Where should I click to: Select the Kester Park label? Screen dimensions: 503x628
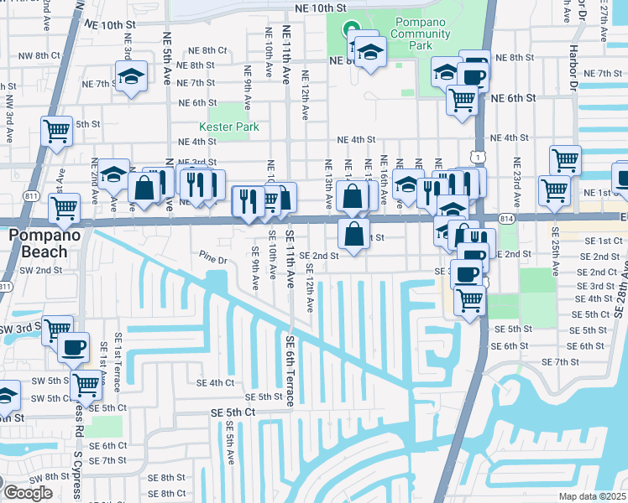tap(228, 127)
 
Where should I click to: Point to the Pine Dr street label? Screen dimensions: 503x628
tap(213, 259)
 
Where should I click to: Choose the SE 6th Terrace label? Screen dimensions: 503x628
tap(290, 371)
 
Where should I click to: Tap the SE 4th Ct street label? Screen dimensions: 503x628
tap(215, 382)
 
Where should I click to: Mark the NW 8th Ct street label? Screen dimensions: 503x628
tap(39, 55)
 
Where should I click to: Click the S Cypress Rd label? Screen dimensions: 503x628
tap(78, 465)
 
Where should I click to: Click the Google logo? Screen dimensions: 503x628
tap(27, 493)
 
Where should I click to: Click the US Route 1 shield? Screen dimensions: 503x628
tap(477, 157)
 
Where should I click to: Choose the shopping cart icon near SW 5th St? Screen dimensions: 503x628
tap(86, 385)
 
